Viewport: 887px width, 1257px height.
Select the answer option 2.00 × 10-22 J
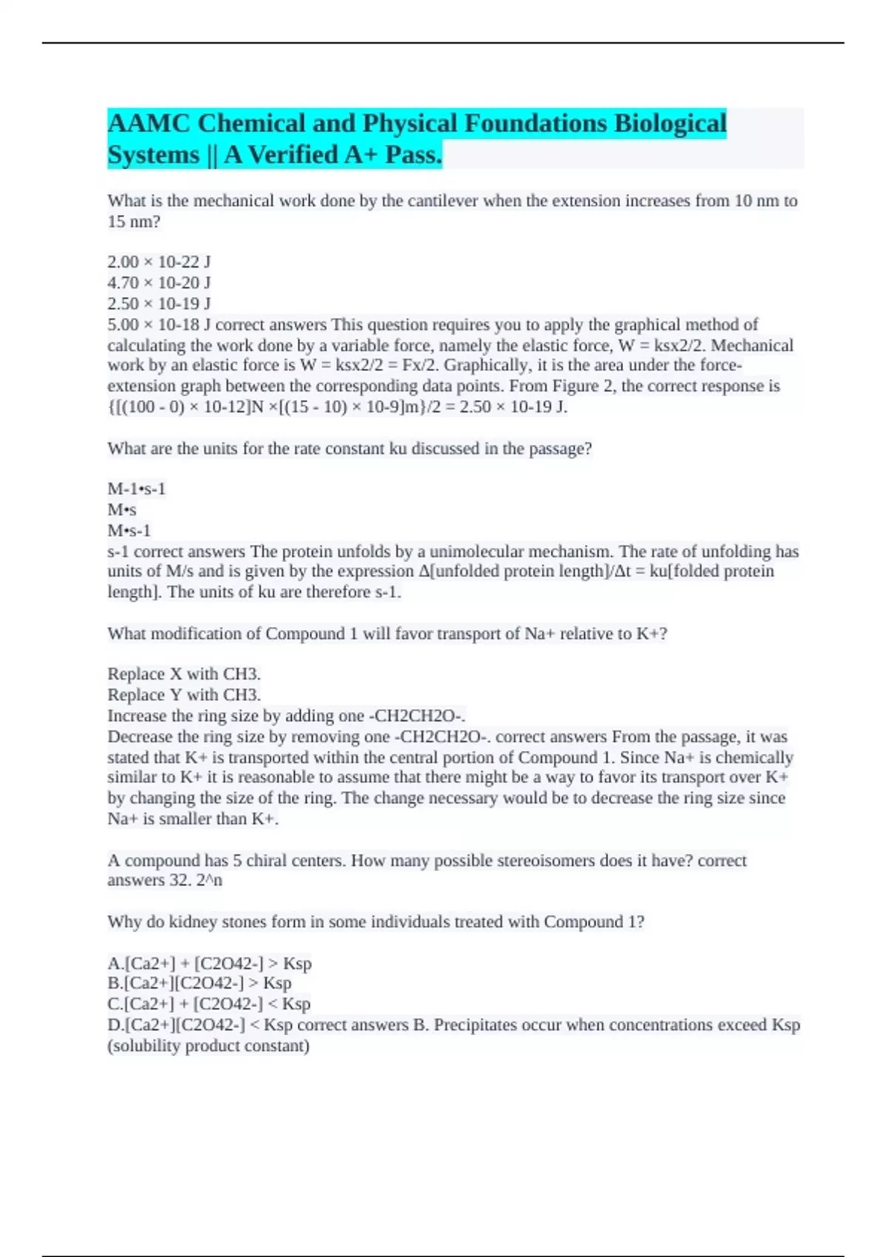coord(159,262)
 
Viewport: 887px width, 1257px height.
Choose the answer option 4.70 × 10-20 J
coord(159,282)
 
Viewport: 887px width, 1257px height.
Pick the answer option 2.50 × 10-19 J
coord(159,303)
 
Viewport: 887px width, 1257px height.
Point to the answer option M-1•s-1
coord(137,489)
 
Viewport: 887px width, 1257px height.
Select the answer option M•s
coord(122,509)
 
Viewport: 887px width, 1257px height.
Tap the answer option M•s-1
coord(129,530)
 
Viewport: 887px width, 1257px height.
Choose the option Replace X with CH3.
coord(184,674)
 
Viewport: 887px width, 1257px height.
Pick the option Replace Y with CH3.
coord(184,694)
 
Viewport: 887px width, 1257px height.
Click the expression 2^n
coord(209,880)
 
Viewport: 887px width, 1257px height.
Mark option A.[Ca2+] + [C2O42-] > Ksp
coord(209,963)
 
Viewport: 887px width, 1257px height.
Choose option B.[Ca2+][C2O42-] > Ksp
coord(200,983)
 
